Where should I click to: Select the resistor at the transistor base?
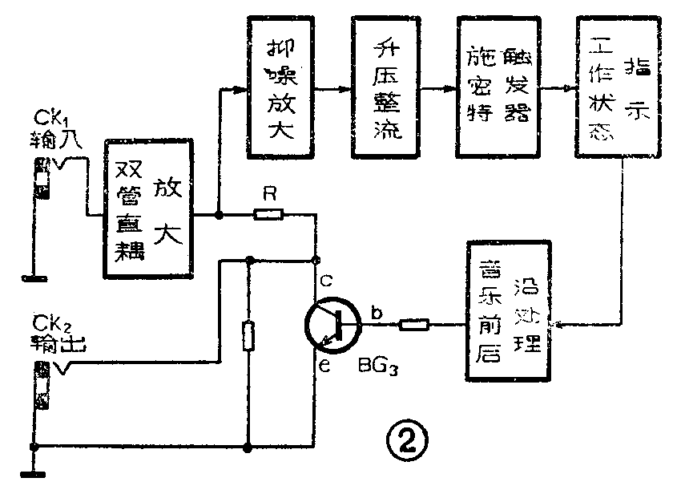(x=414, y=325)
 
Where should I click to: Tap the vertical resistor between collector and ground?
(x=250, y=334)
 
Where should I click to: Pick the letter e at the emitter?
(x=324, y=368)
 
